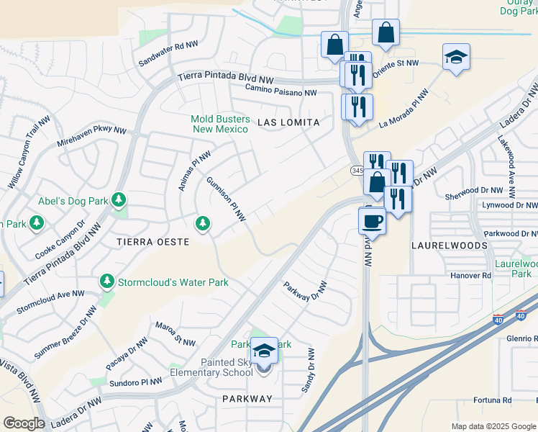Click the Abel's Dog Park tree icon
click(119, 199)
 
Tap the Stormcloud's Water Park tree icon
click(107, 280)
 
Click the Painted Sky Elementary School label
click(211, 367)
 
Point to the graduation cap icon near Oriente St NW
click(456, 57)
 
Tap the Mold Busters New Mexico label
click(221, 124)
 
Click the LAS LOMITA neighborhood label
click(288, 123)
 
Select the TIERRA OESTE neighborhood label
click(153, 243)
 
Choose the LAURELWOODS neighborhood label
click(449, 246)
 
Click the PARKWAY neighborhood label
click(247, 399)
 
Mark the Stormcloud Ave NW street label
click(50, 301)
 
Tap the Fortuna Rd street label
click(492, 400)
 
